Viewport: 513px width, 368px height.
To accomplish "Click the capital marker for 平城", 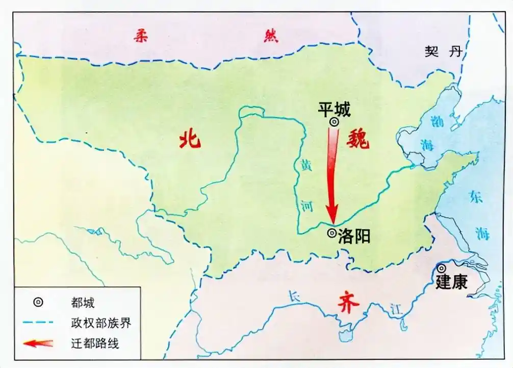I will (x=334, y=122).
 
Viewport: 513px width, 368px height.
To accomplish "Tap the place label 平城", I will (x=335, y=109).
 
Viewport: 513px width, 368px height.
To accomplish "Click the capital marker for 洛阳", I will (x=331, y=233).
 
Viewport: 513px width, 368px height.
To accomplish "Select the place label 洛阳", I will (x=354, y=235).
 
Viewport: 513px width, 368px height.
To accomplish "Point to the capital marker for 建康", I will (x=442, y=268).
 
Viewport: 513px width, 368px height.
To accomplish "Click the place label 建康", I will (x=452, y=282).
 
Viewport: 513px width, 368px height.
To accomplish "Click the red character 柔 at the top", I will (x=141, y=37).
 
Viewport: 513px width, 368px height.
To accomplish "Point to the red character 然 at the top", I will (x=270, y=37).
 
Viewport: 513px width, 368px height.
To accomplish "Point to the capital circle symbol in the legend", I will (x=38, y=303).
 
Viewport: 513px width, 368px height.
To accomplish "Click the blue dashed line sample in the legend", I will (x=38, y=323).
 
